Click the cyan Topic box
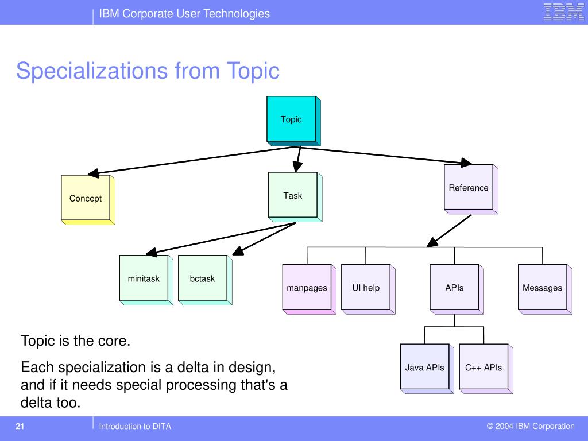point(291,119)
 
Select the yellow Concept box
point(86,198)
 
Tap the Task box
point(293,195)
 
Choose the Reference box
point(469,188)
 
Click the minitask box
point(144,278)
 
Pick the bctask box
point(203,278)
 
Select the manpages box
point(307,288)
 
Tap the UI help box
point(366,288)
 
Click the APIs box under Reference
point(454,288)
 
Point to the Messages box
point(542,288)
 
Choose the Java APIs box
point(425,367)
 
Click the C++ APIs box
point(483,367)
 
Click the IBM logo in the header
point(563,12)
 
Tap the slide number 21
point(20,426)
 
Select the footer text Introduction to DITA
point(135,426)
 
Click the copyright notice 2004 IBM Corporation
point(531,426)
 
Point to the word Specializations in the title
point(92,71)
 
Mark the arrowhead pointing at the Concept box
point(92,172)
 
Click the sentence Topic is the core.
point(76,341)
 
